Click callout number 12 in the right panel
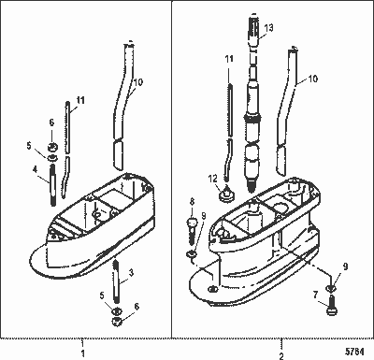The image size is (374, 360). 211,178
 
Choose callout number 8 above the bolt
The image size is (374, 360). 192,201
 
